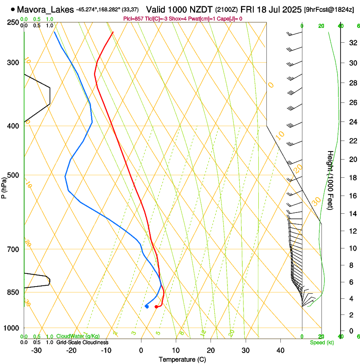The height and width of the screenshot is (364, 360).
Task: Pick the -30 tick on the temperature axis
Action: [x=36, y=350]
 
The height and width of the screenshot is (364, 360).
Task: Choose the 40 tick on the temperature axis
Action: [x=280, y=350]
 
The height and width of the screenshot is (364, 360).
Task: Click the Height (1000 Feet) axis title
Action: [x=330, y=180]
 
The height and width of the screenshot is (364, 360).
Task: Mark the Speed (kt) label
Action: [x=322, y=342]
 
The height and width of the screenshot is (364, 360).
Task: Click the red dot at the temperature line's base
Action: [x=156, y=306]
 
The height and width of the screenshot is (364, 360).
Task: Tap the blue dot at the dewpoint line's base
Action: [x=147, y=306]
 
